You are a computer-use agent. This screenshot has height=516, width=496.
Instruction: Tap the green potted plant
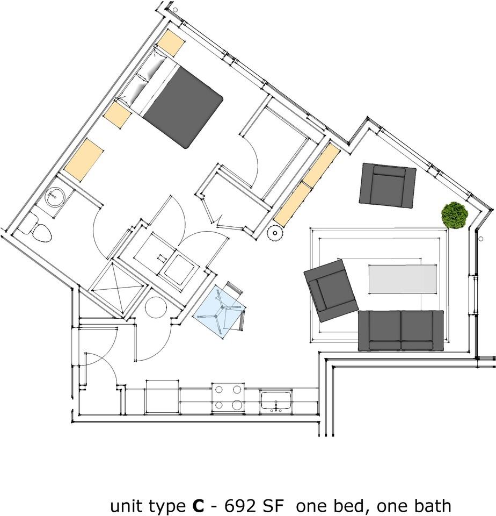coord(455,216)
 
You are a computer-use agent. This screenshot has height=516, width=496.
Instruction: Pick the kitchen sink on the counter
coord(276,400)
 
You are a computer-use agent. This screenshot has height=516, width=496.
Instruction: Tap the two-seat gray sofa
coord(401,330)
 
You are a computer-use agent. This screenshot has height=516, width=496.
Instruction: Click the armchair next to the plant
coord(388,185)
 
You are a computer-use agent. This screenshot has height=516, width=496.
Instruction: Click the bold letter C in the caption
coord(198,506)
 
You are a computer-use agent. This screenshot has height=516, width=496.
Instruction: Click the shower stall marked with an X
coord(118,288)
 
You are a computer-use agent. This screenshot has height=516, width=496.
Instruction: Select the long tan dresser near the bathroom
coord(83,160)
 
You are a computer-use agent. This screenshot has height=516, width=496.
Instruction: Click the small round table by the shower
coord(158,309)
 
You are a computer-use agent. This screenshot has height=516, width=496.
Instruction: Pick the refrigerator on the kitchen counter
coord(162,398)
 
